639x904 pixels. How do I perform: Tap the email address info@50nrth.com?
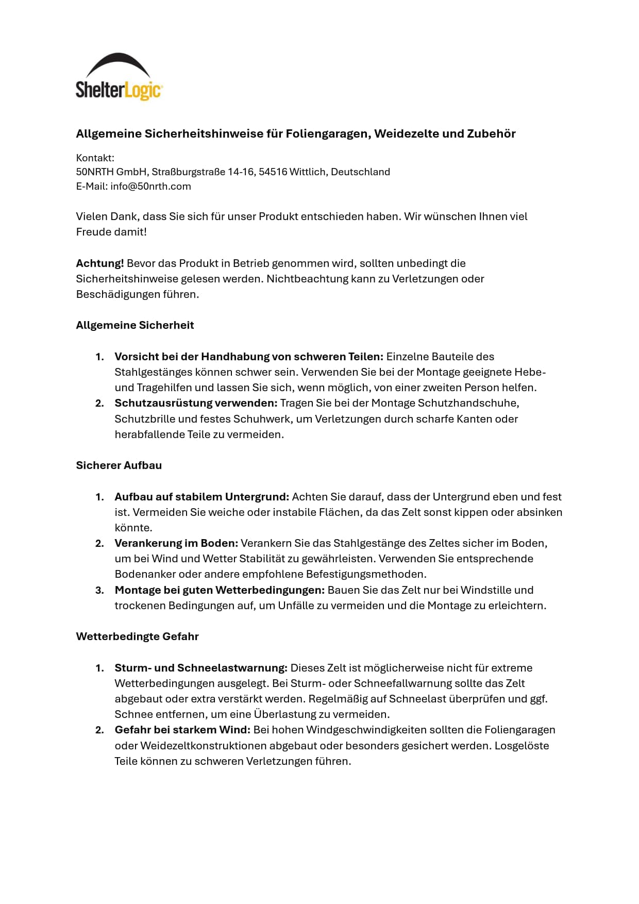pos(150,187)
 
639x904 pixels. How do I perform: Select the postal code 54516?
pos(273,172)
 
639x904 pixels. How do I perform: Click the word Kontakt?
pos(95,158)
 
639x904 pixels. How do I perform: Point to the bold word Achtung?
pos(99,263)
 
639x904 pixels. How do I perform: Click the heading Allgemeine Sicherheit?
pos(135,325)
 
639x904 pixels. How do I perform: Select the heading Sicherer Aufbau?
pos(119,465)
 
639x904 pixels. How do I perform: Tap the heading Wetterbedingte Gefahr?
pos(137,637)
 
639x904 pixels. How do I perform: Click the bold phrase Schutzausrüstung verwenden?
pos(196,403)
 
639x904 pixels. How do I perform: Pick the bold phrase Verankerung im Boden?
pos(176,543)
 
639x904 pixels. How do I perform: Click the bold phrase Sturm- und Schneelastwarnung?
pos(201,668)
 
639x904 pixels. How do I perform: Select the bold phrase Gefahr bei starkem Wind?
pos(182,730)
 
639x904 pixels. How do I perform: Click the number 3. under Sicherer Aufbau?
pos(100,590)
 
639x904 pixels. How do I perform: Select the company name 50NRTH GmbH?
pos(111,172)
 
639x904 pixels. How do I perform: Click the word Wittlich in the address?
pos(307,172)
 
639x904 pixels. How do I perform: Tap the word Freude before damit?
pos(94,232)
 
